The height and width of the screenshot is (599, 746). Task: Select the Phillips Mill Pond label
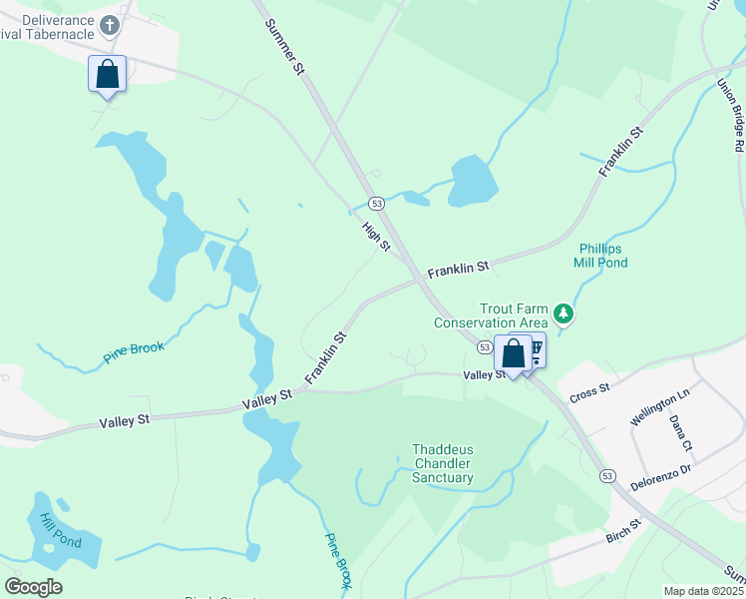click(600, 256)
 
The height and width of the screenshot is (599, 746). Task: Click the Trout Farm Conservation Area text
click(491, 315)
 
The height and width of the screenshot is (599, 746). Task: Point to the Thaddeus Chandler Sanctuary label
click(442, 463)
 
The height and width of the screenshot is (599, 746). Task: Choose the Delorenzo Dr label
click(660, 478)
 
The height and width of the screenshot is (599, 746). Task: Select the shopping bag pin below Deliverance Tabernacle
click(108, 76)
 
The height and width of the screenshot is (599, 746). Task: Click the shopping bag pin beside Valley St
click(513, 354)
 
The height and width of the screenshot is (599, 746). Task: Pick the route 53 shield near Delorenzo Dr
click(607, 476)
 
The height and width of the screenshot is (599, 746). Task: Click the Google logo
click(33, 587)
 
